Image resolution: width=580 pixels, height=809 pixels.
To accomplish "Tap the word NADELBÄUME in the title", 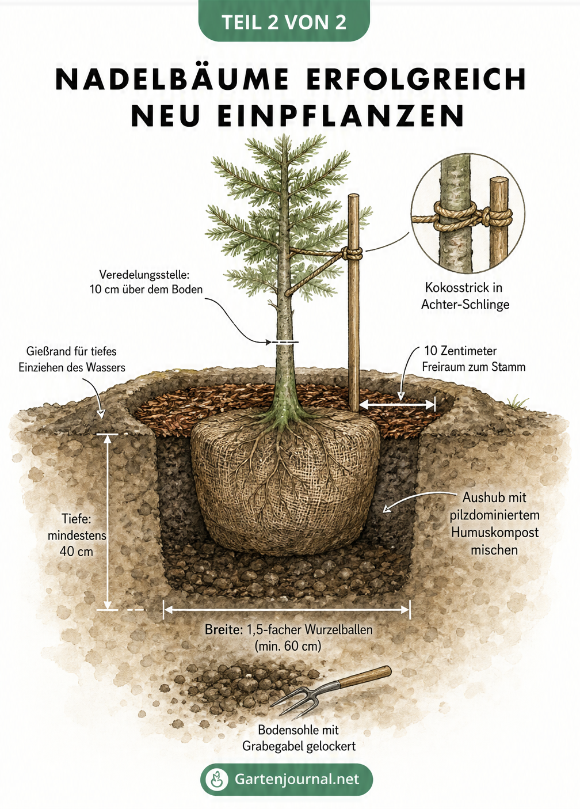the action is click(x=173, y=79).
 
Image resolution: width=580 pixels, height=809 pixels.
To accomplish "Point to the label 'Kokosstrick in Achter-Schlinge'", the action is click(x=465, y=296).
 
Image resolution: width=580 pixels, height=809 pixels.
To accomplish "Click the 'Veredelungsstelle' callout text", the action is click(x=146, y=282).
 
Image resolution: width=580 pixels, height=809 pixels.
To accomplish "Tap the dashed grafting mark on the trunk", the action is click(x=285, y=341).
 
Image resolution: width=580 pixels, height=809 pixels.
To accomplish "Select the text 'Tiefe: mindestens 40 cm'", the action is click(x=77, y=535).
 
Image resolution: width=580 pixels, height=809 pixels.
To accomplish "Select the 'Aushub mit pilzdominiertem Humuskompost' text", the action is click(x=494, y=523).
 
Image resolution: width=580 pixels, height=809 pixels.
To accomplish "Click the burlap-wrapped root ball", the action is click(x=285, y=480).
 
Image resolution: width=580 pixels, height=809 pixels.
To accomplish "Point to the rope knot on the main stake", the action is click(x=354, y=253).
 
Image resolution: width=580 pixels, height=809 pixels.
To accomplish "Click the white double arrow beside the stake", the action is click(x=397, y=404).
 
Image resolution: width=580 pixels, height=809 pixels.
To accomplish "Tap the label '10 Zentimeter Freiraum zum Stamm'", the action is click(x=474, y=359).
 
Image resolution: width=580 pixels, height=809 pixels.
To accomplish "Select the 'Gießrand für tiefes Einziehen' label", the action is click(x=72, y=359).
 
